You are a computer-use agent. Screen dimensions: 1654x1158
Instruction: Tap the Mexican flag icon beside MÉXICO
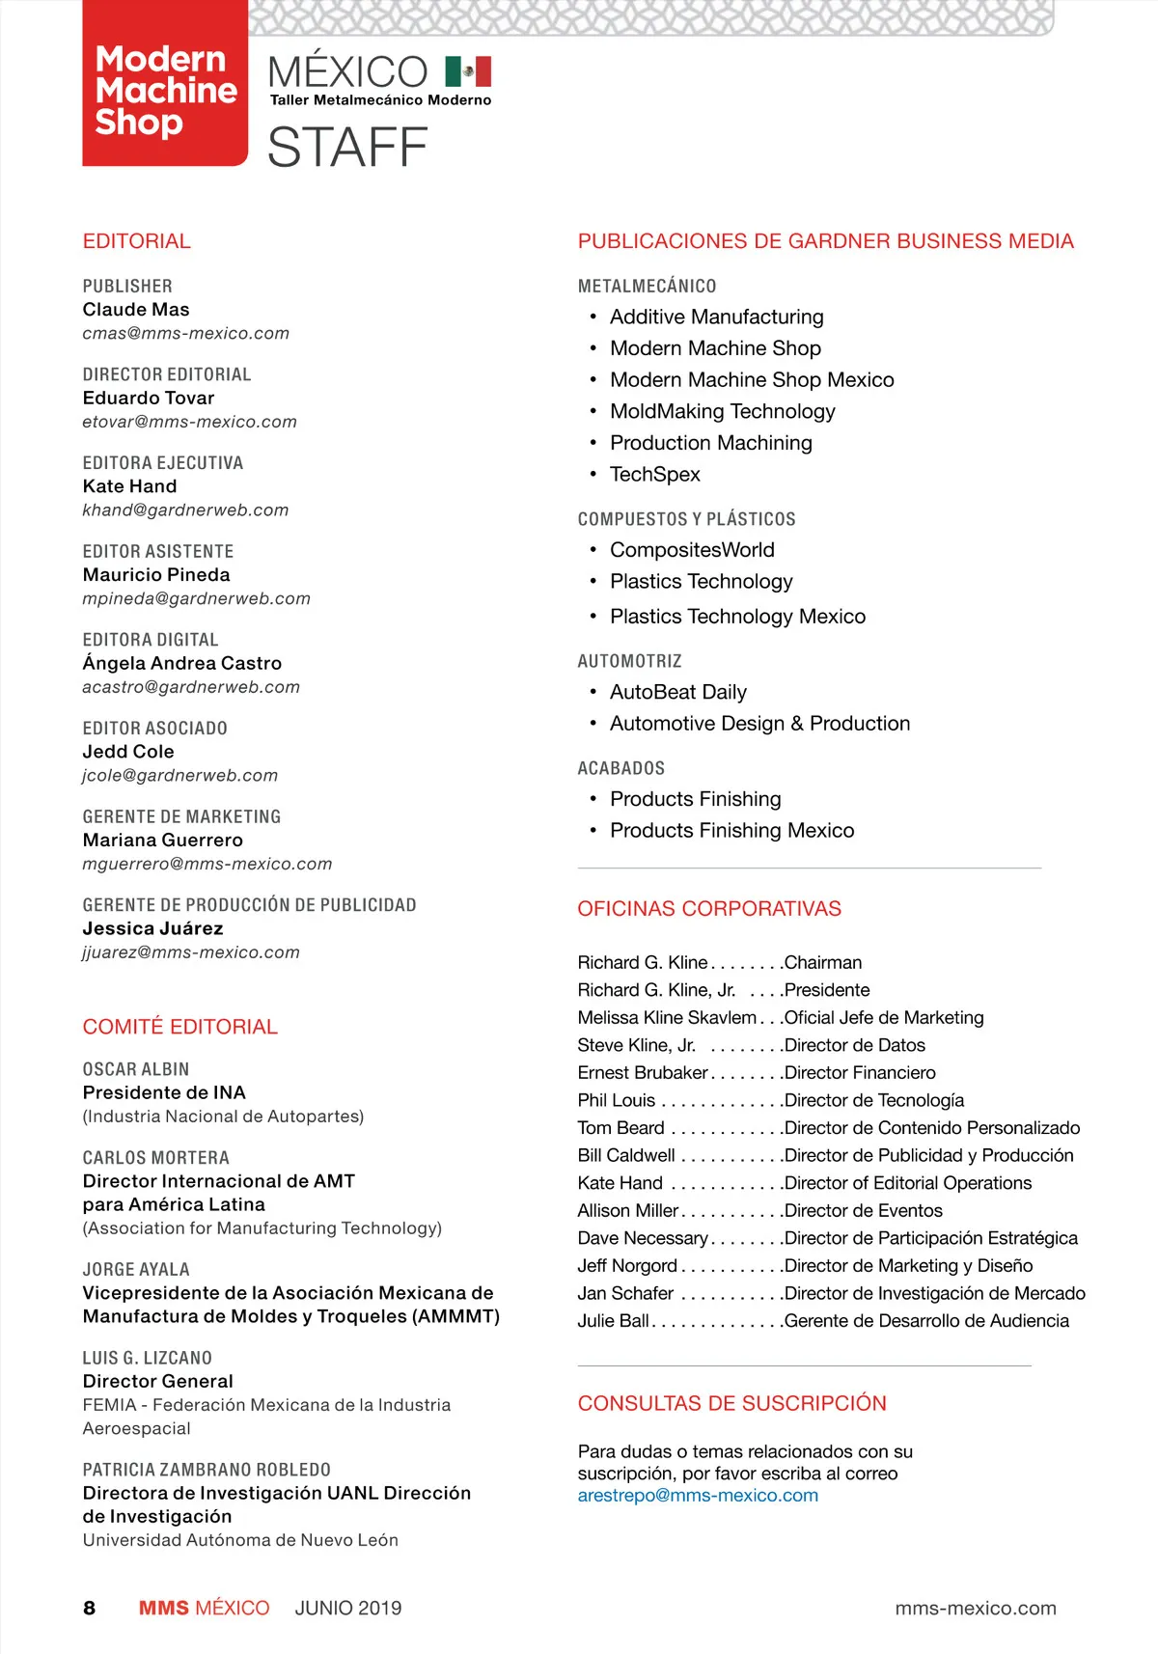point(468,71)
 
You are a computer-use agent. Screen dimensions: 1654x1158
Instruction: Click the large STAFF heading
point(347,148)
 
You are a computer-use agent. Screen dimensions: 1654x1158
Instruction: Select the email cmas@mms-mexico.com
point(185,333)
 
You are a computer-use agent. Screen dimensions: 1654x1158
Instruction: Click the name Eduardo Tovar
point(149,398)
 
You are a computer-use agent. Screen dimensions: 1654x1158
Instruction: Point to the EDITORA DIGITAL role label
point(151,640)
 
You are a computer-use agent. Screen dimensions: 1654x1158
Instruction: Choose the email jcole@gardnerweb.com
point(180,775)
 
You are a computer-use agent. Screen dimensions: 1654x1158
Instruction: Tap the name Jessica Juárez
point(152,928)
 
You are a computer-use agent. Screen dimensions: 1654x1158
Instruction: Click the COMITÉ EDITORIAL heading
point(180,1027)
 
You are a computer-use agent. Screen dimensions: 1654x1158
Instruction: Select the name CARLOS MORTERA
point(156,1157)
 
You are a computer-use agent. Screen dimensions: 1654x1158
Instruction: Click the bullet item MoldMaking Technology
point(722,411)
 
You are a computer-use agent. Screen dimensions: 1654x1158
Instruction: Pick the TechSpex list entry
point(655,474)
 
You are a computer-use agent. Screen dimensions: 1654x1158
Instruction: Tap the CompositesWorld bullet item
point(692,550)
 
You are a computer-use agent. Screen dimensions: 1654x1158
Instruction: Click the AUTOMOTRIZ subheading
point(629,661)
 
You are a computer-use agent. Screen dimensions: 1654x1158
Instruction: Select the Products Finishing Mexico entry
point(731,831)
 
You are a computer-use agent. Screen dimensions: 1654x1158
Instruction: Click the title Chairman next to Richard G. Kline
point(823,962)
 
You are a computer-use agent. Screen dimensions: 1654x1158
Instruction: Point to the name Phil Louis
point(617,1100)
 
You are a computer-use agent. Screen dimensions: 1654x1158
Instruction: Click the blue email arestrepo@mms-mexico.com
point(698,1496)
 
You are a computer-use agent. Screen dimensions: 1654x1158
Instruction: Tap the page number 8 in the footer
point(90,1608)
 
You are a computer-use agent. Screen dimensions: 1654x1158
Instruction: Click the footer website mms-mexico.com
point(976,1608)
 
